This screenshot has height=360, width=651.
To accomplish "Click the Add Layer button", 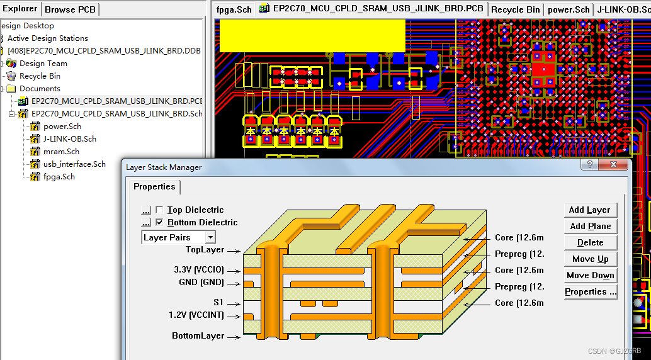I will [589, 210].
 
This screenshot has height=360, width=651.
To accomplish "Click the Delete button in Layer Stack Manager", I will [589, 243].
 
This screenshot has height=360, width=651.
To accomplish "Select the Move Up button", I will [589, 259].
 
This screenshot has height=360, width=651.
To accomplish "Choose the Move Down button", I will [589, 276].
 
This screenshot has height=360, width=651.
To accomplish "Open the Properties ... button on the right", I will [590, 292].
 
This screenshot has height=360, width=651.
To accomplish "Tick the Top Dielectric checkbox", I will [159, 210].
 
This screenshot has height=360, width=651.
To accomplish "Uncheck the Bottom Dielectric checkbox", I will [159, 223].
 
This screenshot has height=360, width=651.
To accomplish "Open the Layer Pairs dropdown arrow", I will [210, 237].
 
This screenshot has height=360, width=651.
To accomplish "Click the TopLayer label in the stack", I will [205, 250].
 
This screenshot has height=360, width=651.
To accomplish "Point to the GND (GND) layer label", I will [201, 283].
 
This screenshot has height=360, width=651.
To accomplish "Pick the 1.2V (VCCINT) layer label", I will [196, 315].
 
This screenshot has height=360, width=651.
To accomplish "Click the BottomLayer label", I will [198, 336].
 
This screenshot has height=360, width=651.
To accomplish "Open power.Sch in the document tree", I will [62, 127].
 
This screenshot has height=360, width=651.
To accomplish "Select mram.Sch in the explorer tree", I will [61, 152].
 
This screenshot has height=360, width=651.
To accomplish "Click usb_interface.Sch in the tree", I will [74, 164].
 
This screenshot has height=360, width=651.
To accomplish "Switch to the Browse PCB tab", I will [70, 9].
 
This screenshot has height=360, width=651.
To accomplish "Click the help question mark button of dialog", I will [591, 165].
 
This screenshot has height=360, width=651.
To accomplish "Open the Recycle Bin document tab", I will [515, 9].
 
